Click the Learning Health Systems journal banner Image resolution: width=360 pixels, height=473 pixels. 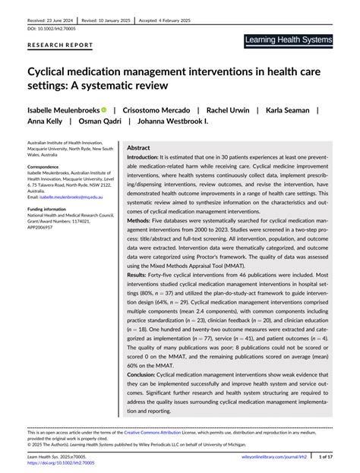pos(289,39)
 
